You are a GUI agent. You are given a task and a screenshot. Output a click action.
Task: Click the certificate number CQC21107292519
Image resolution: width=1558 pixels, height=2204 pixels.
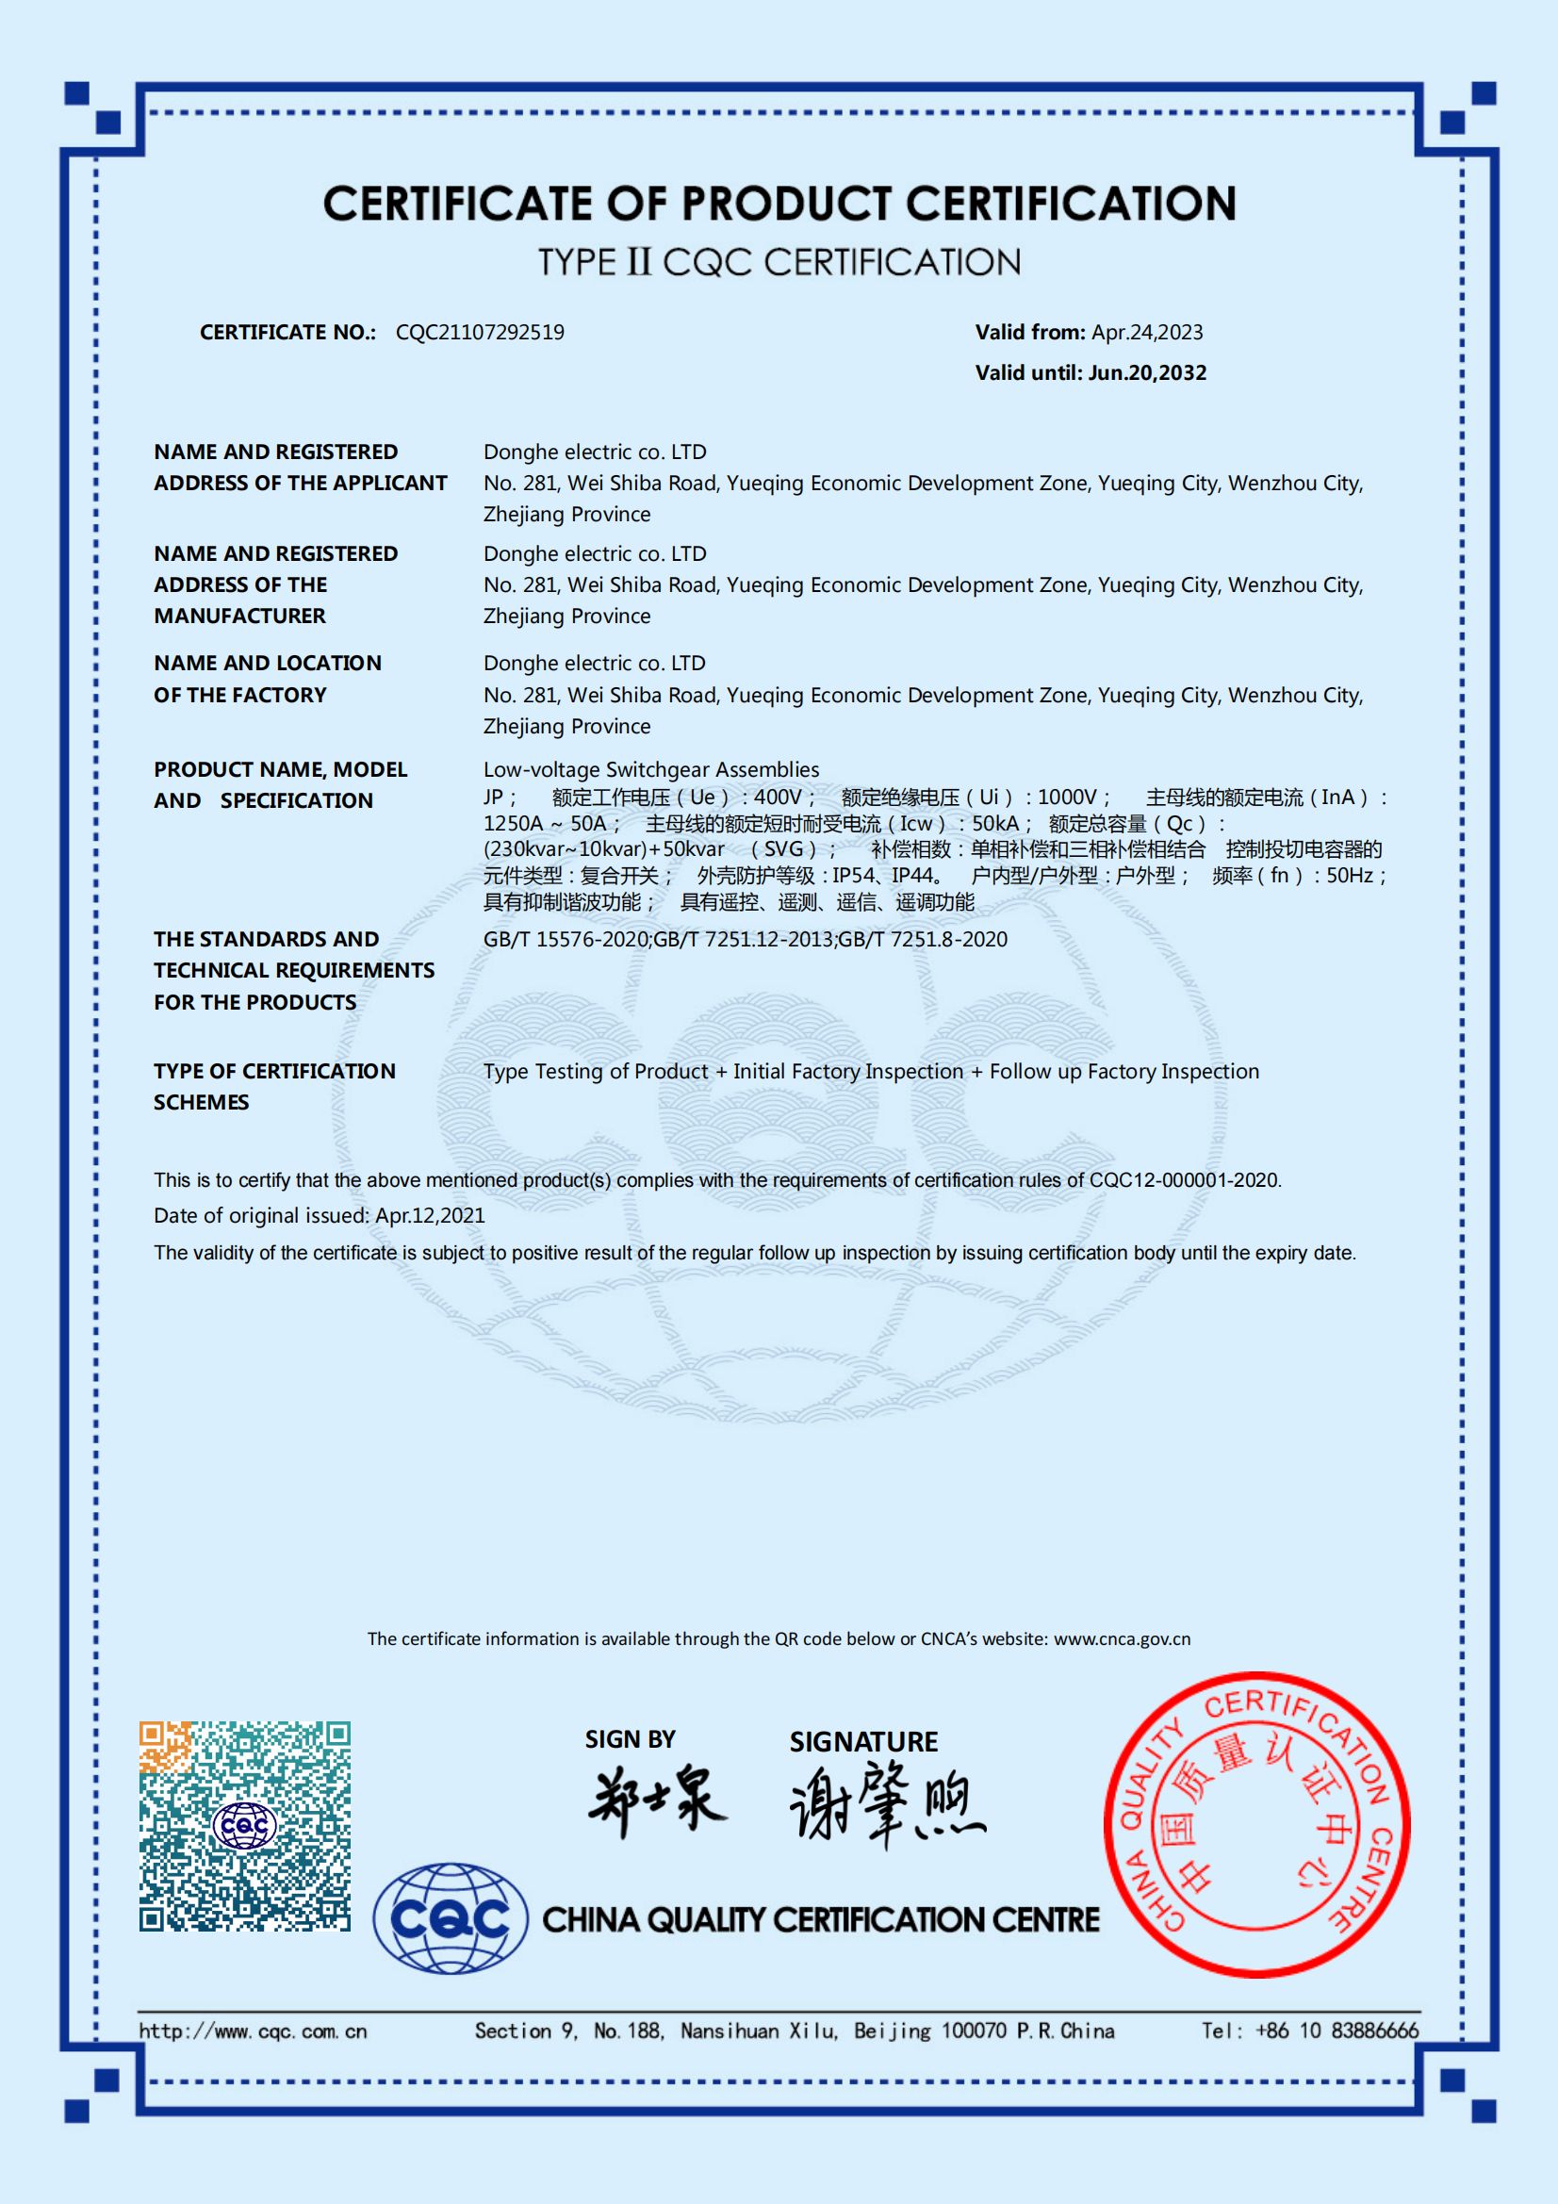480,332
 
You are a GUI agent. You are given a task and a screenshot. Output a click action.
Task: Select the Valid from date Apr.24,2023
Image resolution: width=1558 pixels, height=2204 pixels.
1146,332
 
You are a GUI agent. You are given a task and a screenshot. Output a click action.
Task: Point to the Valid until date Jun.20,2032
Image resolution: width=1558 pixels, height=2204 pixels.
1147,372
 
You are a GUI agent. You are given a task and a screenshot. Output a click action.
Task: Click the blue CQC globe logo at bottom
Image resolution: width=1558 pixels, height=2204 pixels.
451,1920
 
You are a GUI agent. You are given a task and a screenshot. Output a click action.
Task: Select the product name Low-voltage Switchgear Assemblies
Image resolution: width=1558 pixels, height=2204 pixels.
651,770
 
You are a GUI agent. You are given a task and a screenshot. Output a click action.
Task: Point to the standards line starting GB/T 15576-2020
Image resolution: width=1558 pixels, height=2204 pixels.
745,940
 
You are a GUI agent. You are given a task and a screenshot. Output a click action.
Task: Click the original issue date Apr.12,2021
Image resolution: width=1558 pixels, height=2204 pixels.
430,1216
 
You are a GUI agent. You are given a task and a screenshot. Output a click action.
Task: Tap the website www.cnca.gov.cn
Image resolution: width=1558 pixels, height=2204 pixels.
1122,1639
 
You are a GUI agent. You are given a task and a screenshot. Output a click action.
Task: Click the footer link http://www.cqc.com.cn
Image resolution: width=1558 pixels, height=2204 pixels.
254,2031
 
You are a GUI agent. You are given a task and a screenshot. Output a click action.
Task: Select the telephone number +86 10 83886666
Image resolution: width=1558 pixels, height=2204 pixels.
1336,2031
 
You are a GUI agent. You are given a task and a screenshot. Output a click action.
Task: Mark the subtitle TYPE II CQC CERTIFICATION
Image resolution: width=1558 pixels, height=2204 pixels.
779,262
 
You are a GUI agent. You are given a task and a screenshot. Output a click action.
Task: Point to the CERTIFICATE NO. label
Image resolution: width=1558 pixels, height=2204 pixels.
287,332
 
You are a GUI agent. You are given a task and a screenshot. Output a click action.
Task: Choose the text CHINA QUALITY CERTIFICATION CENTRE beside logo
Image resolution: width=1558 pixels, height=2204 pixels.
821,1920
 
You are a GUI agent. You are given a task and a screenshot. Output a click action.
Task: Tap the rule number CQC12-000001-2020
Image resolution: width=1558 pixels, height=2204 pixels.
1184,1179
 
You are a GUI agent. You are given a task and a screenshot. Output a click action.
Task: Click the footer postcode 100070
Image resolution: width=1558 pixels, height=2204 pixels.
975,2031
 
